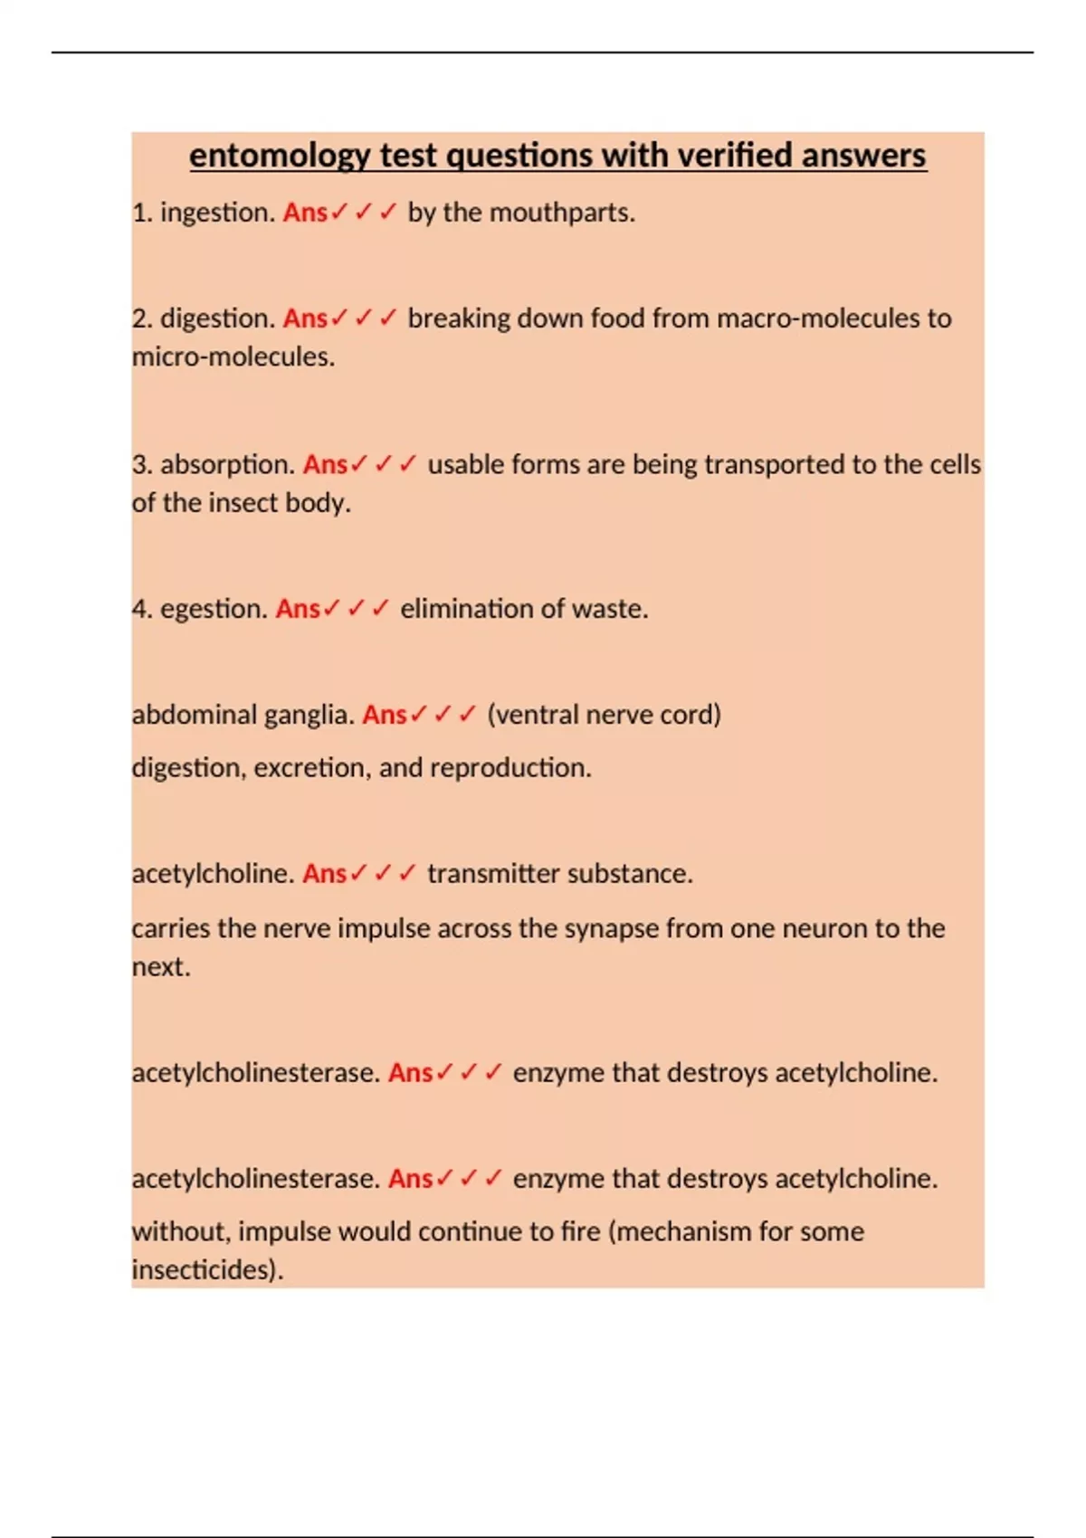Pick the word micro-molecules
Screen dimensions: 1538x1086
233,357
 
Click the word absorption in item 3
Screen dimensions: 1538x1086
227,465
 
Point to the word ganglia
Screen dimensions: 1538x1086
307,715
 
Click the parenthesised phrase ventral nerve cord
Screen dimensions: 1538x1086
604,715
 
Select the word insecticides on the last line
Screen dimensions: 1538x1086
207,1270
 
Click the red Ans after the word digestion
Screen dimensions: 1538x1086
305,318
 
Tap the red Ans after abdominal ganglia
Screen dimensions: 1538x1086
385,715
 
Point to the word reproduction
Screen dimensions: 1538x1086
510,768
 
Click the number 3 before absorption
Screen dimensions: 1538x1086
141,465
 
